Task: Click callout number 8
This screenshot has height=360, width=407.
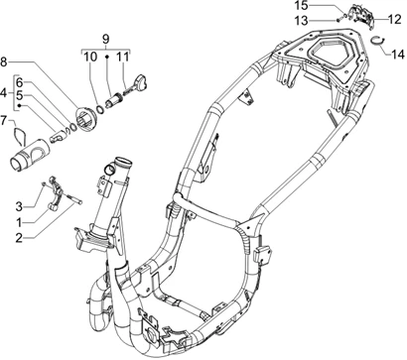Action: [4, 61]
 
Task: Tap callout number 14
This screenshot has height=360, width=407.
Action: [398, 54]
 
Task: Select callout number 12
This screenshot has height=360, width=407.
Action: [394, 20]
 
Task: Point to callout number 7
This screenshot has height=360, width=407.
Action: [3, 121]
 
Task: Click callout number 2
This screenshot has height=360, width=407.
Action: [20, 238]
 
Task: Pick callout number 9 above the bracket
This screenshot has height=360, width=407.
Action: [105, 40]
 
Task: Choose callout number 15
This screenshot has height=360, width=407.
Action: [302, 6]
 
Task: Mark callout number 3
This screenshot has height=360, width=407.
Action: [19, 207]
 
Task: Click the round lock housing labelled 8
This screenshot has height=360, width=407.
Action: [86, 117]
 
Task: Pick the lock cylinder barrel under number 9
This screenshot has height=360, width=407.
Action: [112, 100]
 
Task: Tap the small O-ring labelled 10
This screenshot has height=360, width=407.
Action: [100, 109]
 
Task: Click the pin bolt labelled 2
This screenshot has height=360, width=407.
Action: [75, 198]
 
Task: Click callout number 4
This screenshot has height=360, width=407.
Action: [4, 93]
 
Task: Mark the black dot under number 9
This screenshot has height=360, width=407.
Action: [107, 58]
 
